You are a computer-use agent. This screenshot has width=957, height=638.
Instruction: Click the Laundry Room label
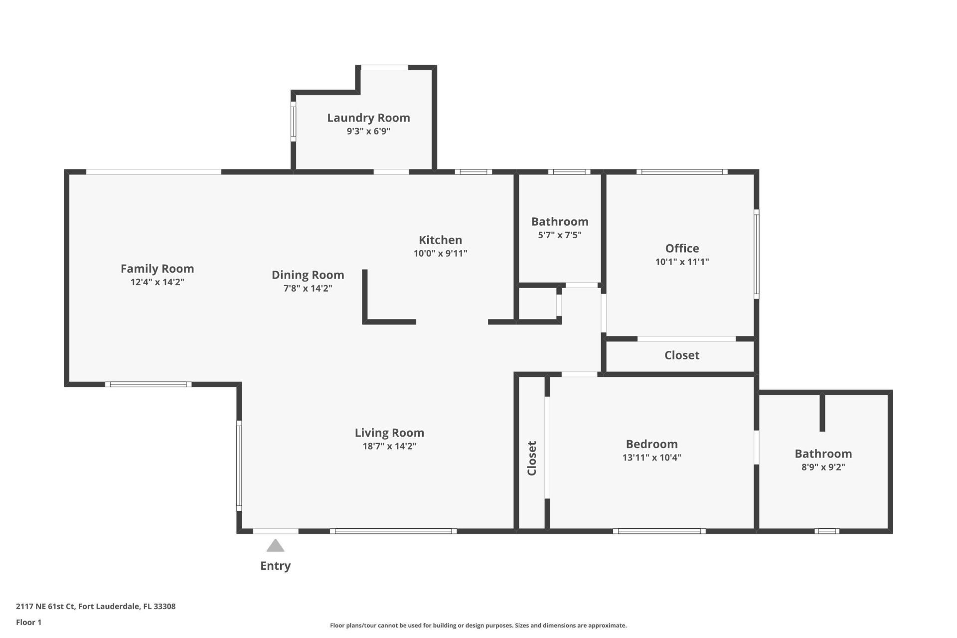368,118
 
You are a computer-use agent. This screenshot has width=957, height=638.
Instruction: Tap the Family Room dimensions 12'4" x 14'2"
158,282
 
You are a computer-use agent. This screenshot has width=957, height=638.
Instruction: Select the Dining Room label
308,275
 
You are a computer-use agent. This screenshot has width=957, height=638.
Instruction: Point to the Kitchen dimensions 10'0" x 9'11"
440,253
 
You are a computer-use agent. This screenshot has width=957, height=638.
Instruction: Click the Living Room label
389,433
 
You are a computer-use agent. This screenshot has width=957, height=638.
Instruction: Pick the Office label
682,248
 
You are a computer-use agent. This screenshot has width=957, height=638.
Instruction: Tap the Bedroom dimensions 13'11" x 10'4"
651,458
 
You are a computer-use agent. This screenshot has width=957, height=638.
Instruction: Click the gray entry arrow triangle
275,546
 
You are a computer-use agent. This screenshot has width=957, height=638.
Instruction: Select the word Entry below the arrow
275,566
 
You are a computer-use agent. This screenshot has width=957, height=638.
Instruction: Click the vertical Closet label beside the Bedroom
532,458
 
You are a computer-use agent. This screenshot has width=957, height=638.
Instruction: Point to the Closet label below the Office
681,355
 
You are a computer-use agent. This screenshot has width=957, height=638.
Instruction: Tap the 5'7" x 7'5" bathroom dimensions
560,235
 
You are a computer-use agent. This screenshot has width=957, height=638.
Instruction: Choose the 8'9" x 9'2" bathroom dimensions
823,467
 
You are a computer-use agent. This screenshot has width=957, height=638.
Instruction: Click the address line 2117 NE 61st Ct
96,607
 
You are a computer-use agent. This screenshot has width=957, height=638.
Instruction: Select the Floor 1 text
29,622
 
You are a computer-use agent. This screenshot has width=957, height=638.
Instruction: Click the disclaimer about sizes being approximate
478,626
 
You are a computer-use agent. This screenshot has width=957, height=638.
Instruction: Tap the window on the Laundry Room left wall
294,121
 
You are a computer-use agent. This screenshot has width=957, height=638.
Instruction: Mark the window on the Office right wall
756,254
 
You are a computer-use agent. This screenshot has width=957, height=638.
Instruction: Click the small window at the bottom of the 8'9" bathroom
826,531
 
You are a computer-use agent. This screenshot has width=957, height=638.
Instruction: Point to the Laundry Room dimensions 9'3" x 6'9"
368,132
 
